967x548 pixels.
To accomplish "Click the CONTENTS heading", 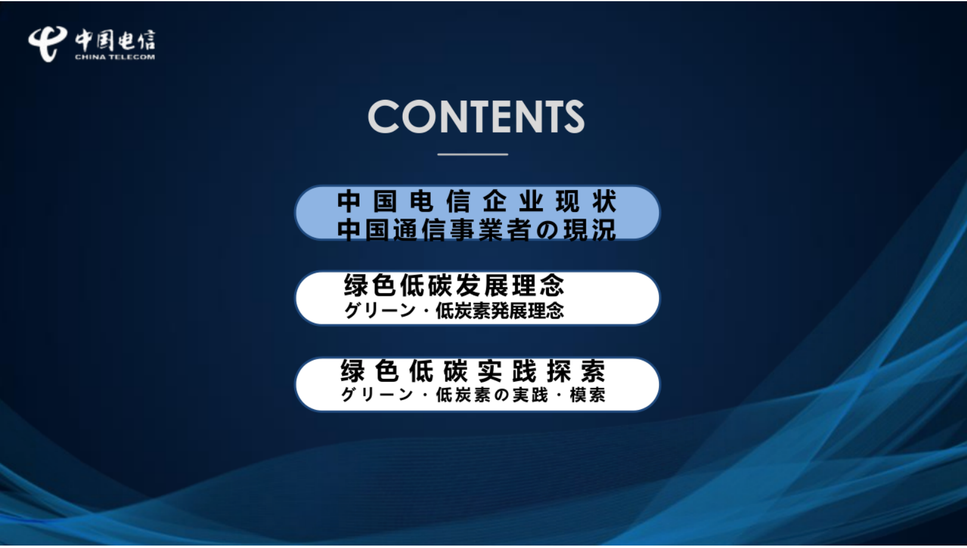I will click(476, 116).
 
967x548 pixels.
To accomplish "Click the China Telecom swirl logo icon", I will click(47, 43).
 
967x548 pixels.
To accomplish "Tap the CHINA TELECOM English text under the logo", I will click(115, 57).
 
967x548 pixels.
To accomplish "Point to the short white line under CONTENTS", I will click(472, 155).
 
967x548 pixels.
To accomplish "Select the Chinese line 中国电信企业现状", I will click(476, 202).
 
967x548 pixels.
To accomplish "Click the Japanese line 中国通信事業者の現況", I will click(476, 230).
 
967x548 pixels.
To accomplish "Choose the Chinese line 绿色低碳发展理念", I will click(454, 286).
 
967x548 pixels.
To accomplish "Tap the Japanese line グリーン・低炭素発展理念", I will click(454, 311).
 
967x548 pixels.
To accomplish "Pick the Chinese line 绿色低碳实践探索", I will click(472, 371).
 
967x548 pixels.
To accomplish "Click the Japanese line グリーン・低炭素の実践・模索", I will click(472, 395).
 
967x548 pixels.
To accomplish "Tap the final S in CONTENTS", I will click(573, 117).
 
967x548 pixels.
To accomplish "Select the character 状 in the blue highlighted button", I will click(604, 202).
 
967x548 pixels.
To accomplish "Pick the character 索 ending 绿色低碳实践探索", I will click(592, 371).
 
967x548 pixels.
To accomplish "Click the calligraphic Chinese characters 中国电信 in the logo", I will click(115, 40).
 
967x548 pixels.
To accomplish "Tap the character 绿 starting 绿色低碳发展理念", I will click(356, 286).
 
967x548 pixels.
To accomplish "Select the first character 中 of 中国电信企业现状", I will click(349, 202).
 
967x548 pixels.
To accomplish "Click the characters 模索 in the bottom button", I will click(587, 395).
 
